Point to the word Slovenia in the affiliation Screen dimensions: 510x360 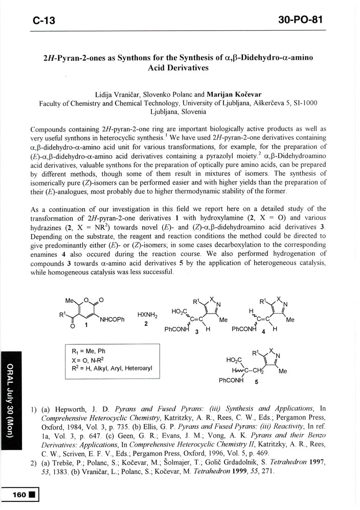tap(193, 110)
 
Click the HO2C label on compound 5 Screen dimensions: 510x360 tap(234, 360)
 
